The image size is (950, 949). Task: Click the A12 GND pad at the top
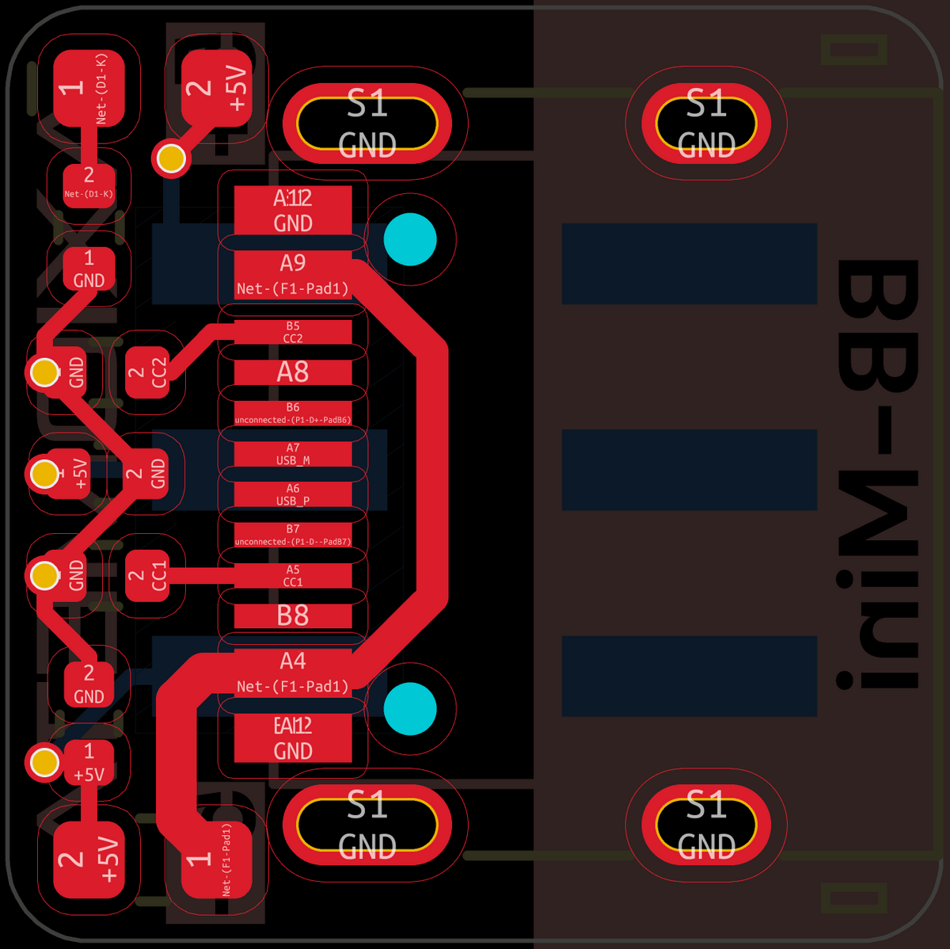[293, 210]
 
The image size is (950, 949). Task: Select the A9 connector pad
[293, 275]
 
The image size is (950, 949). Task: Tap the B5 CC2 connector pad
[293, 332]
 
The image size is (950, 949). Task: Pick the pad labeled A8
[293, 372]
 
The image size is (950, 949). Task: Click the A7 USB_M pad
[293, 454]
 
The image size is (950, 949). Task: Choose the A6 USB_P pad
[293, 494]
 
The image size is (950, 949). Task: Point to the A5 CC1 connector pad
[293, 576]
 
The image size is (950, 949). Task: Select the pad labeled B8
[293, 616]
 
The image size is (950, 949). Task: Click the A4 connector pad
[293, 673]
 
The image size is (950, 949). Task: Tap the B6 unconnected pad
[293, 414]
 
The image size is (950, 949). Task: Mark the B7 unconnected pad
[293, 535]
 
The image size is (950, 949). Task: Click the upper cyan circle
[410, 239]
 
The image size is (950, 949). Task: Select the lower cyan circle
[410, 709]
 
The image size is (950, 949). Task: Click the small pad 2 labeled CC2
[148, 372]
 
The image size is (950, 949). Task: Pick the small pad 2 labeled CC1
[148, 576]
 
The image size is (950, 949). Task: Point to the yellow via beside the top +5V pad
[171, 158]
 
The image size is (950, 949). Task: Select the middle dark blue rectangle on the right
[689, 470]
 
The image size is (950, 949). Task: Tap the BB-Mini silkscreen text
[879, 474]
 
